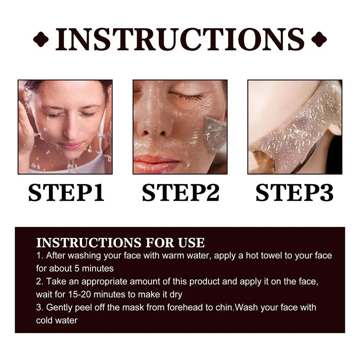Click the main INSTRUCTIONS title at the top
click(x=180, y=39)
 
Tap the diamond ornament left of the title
click(x=41, y=39)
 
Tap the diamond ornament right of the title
click(x=319, y=39)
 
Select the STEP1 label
click(x=66, y=193)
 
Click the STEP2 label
click(x=181, y=193)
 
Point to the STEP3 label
click(x=295, y=193)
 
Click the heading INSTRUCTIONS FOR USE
click(x=120, y=243)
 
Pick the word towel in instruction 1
click(x=270, y=256)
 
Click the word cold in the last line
click(x=44, y=320)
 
